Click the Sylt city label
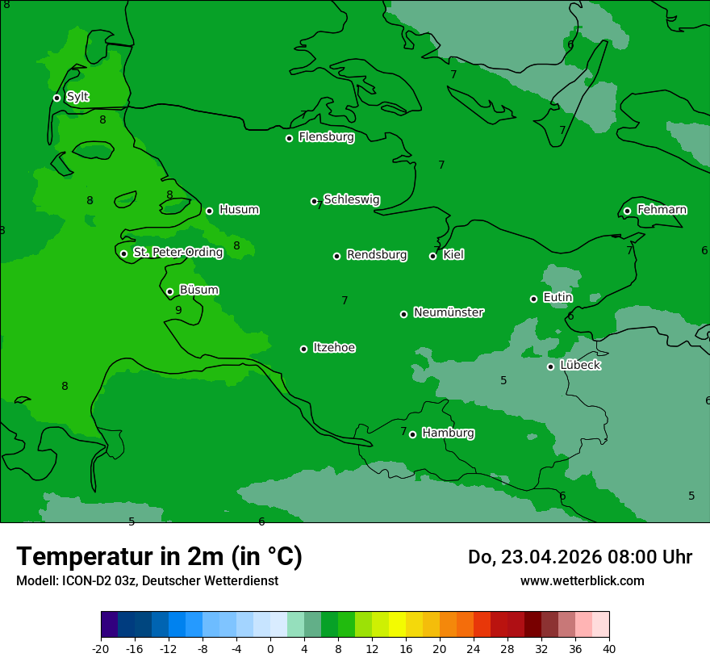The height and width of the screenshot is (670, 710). point(77,97)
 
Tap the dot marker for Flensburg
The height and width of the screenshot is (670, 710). point(289,138)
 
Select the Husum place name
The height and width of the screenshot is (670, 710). point(239,210)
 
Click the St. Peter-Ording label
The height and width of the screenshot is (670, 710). point(177,253)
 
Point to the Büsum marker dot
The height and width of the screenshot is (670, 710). point(169,291)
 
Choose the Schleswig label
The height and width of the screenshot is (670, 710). point(351,199)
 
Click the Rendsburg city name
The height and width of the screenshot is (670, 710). point(377,255)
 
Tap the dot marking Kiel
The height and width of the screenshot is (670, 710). point(432,256)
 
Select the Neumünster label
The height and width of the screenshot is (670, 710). point(449,312)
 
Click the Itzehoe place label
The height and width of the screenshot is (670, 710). point(334,348)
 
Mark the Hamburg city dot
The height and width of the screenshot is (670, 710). point(412,434)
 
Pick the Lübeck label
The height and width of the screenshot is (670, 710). point(580,365)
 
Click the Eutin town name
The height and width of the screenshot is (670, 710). point(558,298)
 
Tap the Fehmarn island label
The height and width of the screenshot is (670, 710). point(662,210)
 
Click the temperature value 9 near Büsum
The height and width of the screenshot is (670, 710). point(178,310)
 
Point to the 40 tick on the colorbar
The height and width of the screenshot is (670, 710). point(609,648)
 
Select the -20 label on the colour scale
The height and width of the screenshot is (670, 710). point(101,648)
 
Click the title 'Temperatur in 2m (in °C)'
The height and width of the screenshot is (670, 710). point(159,556)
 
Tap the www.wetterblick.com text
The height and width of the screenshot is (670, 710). point(582,580)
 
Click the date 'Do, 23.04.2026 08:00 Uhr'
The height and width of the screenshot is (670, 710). point(579,557)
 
